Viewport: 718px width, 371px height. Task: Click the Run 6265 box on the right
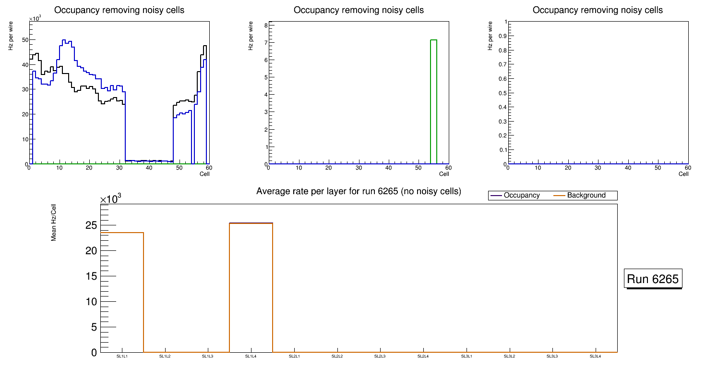tap(653, 279)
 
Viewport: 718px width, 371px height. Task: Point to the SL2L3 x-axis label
tap(380, 357)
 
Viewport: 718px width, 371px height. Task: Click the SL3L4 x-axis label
tap(595, 357)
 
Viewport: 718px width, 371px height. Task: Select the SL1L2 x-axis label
tap(165, 357)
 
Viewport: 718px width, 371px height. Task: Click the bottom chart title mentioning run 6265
tap(359, 192)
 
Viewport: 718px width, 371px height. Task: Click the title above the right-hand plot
tap(598, 10)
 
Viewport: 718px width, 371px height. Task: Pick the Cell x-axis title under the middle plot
tap(444, 174)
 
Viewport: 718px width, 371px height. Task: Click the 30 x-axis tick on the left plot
tap(119, 168)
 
